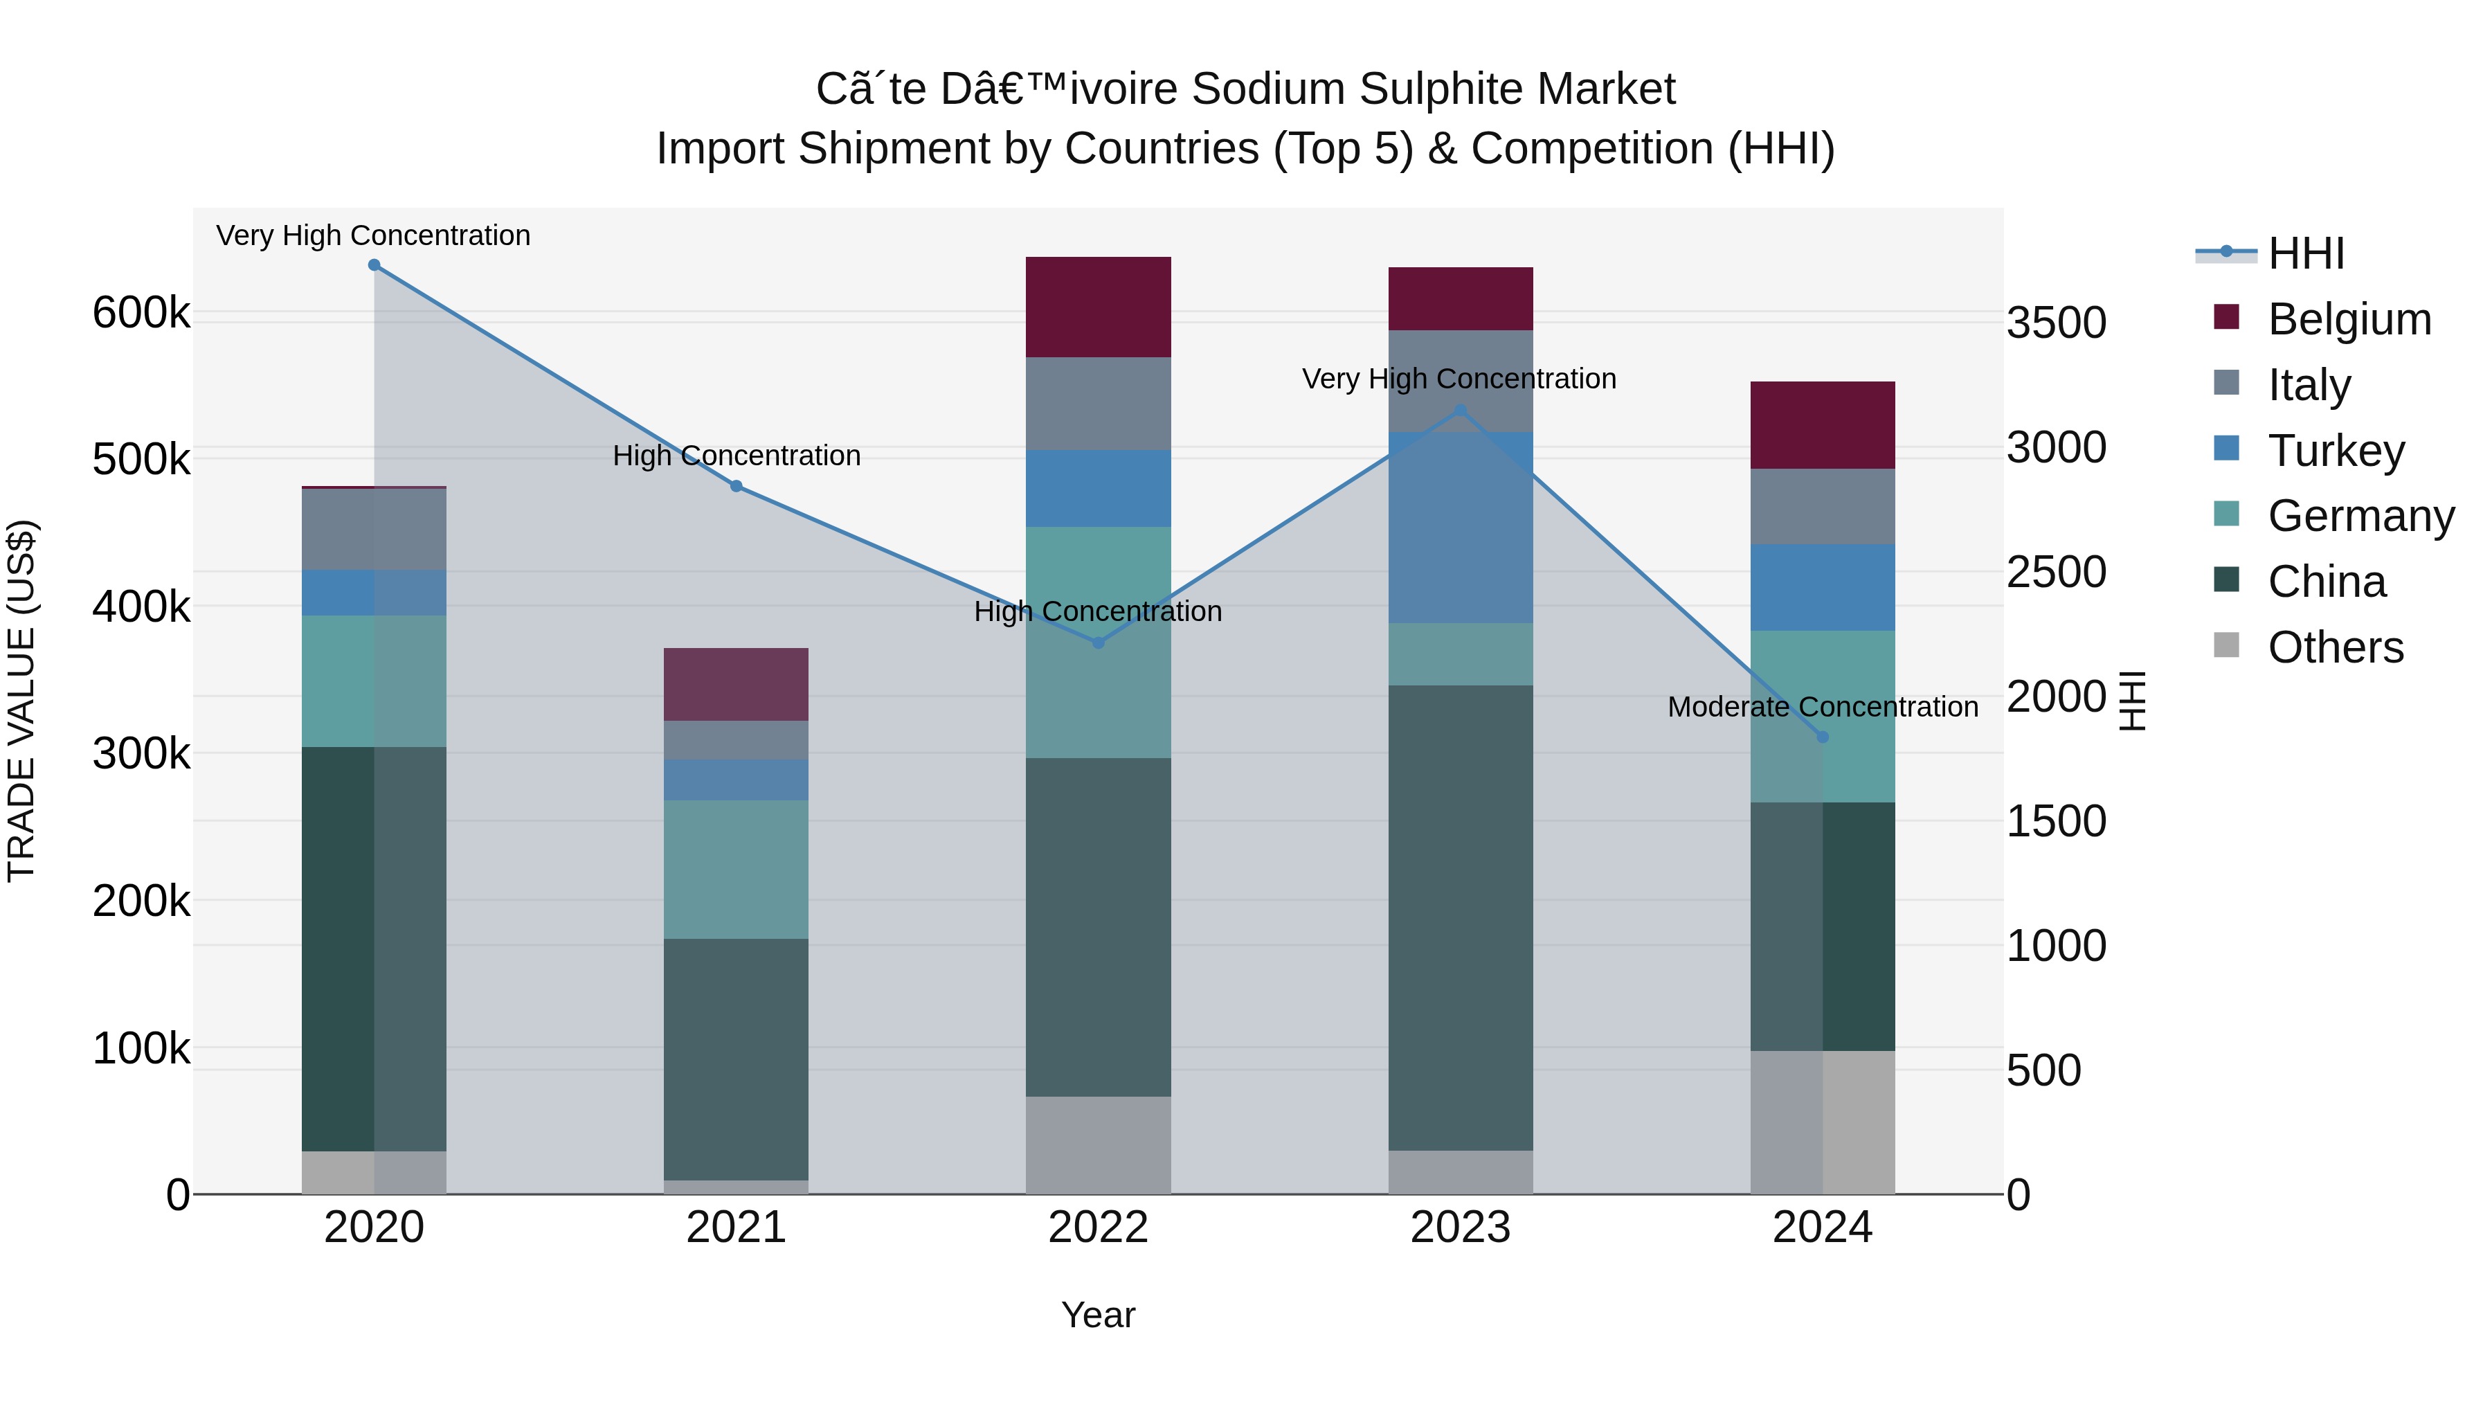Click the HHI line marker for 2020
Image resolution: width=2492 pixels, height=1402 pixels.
374,265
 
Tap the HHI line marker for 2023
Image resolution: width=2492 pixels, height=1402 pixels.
1461,411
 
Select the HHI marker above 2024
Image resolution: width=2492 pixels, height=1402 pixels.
1823,737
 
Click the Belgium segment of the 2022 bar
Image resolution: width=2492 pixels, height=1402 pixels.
1098,307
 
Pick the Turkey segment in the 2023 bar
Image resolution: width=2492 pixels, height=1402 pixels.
1461,528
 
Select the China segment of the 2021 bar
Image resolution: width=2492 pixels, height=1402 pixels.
737,1059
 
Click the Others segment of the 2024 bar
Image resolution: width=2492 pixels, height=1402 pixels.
1823,1122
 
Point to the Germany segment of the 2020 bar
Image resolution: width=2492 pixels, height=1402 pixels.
374,681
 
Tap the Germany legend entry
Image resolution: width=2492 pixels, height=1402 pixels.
2360,516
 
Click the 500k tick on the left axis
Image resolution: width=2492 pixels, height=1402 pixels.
141,460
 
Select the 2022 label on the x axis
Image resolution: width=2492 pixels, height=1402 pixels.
1098,1228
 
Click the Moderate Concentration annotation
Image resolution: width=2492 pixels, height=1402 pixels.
1823,708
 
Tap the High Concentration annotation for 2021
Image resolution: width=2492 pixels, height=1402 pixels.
737,456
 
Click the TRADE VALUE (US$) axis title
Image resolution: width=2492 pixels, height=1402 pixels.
22,701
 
